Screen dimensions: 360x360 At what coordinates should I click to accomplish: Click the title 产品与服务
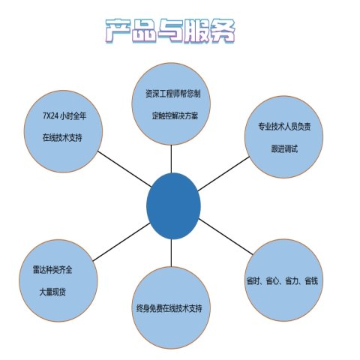coord(170,31)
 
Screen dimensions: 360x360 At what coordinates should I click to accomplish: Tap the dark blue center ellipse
coord(173,206)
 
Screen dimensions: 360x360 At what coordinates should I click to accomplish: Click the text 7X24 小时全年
coord(64,116)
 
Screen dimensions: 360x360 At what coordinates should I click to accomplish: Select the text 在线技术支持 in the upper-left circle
coord(62,138)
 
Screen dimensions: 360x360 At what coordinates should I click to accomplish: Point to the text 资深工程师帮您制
coord(173,94)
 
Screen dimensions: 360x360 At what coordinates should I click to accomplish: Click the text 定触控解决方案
coord(175,115)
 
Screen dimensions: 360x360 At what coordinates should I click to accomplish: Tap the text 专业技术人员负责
coord(284,127)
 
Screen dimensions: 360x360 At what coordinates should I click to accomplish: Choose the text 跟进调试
coord(284,148)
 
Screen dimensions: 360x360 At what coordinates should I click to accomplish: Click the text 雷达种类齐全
coord(52,270)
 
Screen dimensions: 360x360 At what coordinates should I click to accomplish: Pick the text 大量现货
coord(52,292)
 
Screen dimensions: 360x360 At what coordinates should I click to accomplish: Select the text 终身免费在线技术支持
coord(169,308)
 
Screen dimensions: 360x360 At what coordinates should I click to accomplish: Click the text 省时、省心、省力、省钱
coord(282,281)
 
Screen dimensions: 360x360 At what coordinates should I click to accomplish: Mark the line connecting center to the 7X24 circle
coord(124,169)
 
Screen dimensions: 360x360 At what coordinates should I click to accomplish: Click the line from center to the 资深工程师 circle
coord(171,159)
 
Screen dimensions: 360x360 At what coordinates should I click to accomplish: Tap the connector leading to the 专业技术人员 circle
coord(223,174)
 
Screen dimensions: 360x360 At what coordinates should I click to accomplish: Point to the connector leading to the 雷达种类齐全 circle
coord(121,241)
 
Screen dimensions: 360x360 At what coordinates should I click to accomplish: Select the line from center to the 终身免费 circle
coord(171,253)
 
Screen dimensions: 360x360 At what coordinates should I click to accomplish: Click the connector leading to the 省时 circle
coord(226,237)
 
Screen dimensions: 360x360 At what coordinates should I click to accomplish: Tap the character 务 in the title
coord(223,31)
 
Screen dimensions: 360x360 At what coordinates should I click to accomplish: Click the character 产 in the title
coord(118,31)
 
